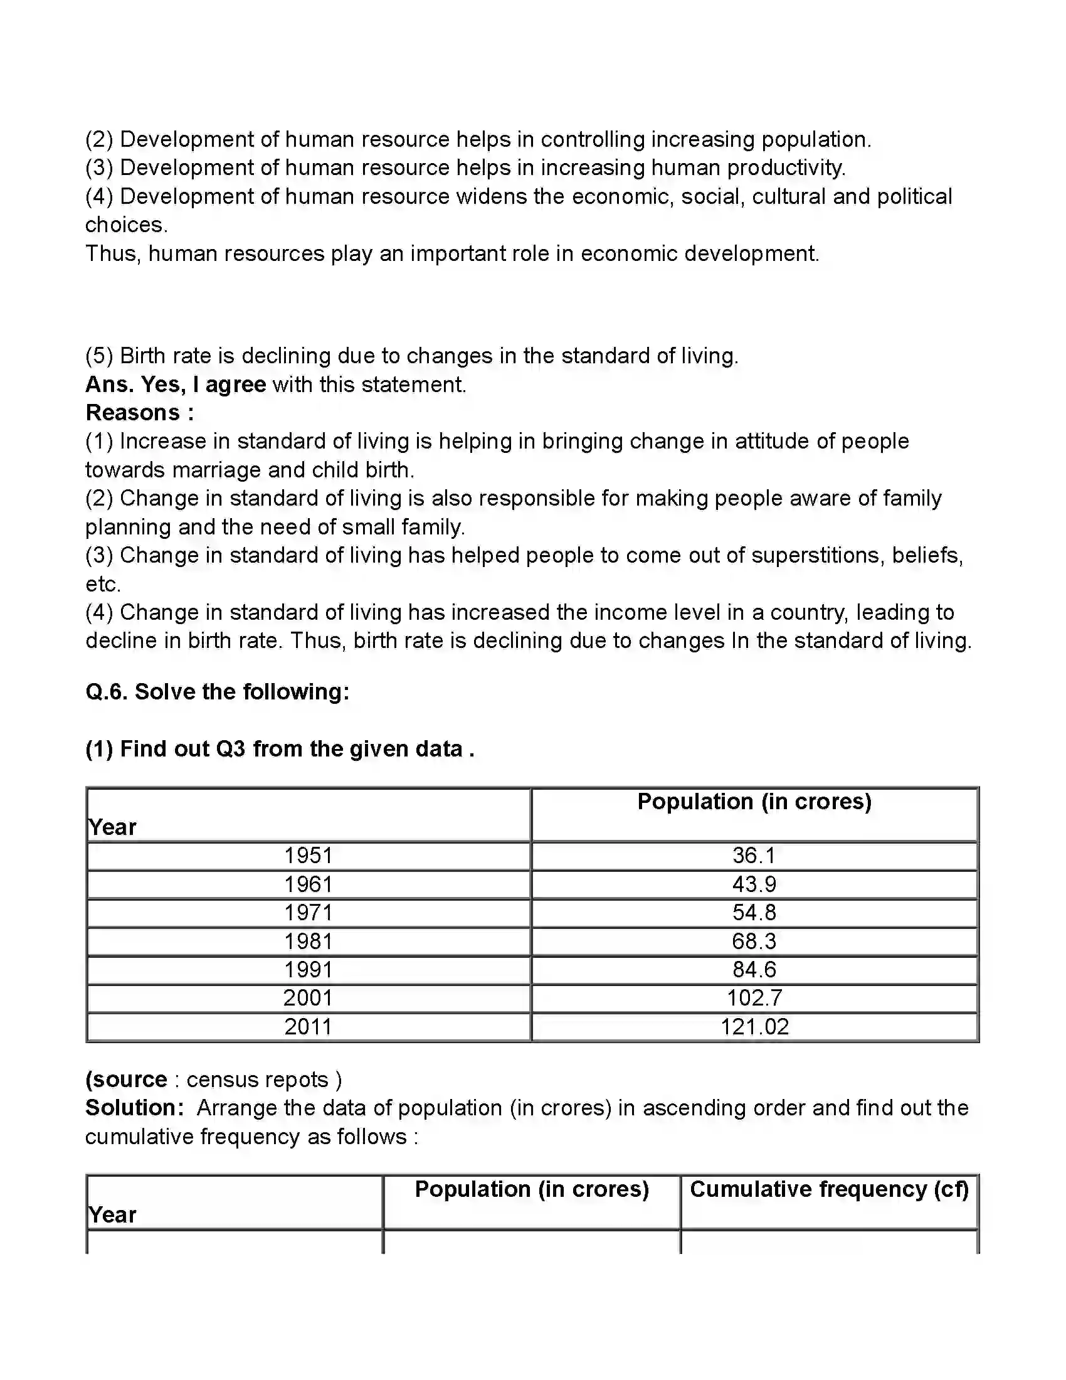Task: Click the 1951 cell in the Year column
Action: pyautogui.click(x=307, y=856)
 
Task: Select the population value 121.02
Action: pyautogui.click(x=754, y=1027)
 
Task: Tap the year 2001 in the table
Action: pyautogui.click(x=307, y=999)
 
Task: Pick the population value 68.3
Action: pyautogui.click(x=754, y=942)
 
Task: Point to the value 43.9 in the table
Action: pyautogui.click(x=754, y=884)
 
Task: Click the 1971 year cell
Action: pyautogui.click(x=307, y=913)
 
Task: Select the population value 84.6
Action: pyautogui.click(x=754, y=970)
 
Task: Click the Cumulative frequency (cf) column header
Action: pyautogui.click(x=828, y=1189)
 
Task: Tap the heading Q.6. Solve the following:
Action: pyautogui.click(x=217, y=692)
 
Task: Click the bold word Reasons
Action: pyautogui.click(x=133, y=413)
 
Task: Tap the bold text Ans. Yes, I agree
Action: pyautogui.click(x=176, y=384)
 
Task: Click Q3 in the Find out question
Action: pyautogui.click(x=231, y=750)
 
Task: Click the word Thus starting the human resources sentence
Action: pyautogui.click(x=112, y=253)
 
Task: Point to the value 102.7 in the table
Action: pyautogui.click(x=754, y=999)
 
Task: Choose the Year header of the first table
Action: pyautogui.click(x=112, y=827)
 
